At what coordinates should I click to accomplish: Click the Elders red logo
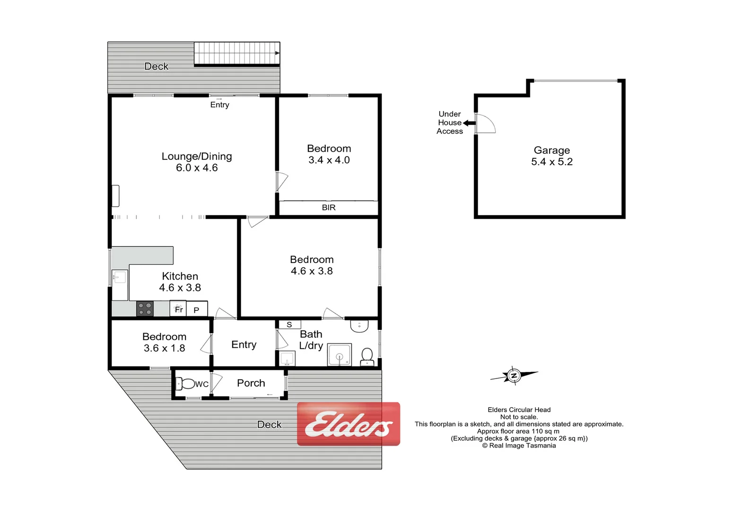[349, 424]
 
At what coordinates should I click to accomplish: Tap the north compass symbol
[514, 376]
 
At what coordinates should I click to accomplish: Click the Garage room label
[551, 150]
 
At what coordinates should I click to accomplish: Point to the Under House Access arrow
[469, 123]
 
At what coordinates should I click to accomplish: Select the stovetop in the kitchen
[145, 308]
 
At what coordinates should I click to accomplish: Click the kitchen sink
[119, 277]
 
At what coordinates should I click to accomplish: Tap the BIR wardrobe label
[329, 208]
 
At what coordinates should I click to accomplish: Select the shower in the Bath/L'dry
[340, 355]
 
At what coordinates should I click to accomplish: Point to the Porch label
[251, 383]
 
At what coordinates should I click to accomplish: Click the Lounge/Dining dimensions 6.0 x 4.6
[197, 168]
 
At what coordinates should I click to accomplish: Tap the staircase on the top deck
[236, 53]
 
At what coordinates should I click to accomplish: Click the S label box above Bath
[289, 325]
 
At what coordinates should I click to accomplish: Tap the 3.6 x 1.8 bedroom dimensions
[164, 348]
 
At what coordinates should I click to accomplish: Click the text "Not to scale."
[519, 417]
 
